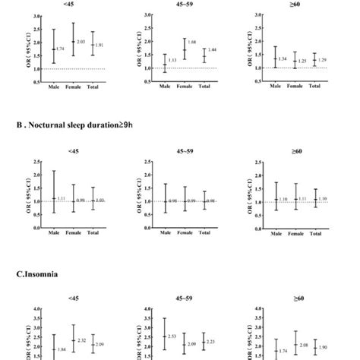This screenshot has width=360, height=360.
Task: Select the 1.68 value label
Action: point(191,43)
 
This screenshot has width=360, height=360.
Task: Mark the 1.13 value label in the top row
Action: point(172,61)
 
